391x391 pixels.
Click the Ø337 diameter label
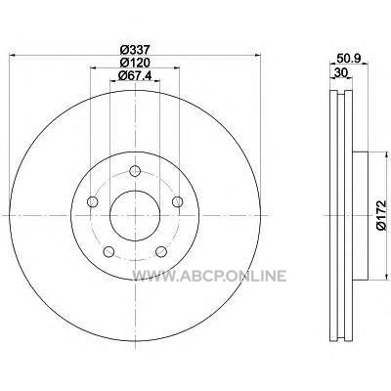(x=135, y=50)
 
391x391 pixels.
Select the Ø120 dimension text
(x=135, y=63)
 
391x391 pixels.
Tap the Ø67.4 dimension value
(x=136, y=75)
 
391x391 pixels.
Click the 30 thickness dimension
(x=341, y=72)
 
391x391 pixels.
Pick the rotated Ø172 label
(x=381, y=215)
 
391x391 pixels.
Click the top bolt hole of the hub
(x=135, y=170)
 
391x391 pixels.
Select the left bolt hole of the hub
(x=93, y=201)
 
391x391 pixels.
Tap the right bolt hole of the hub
(x=178, y=201)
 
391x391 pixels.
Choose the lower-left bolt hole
(x=109, y=251)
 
